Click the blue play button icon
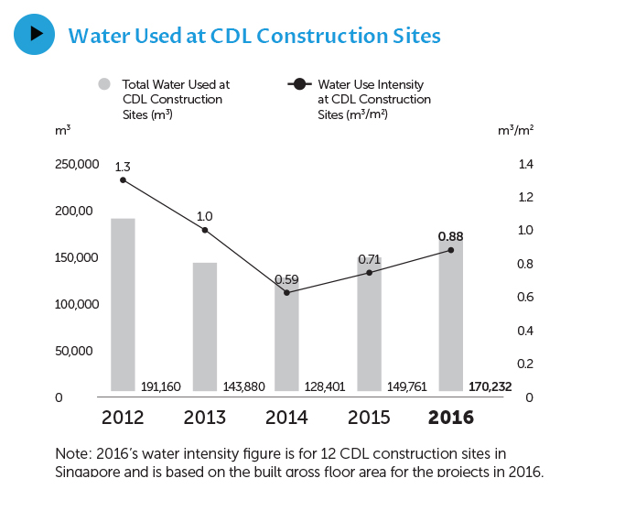35,34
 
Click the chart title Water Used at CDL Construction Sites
254,36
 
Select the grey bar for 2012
123,304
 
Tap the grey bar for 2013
205,327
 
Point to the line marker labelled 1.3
123,179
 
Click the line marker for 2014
286,292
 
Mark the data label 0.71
369,259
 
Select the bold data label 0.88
450,235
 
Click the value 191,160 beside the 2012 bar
161,386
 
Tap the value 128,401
325,386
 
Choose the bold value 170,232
490,386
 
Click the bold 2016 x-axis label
450,418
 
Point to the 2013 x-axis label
205,418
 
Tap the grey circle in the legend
104,84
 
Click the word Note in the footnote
72,453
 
